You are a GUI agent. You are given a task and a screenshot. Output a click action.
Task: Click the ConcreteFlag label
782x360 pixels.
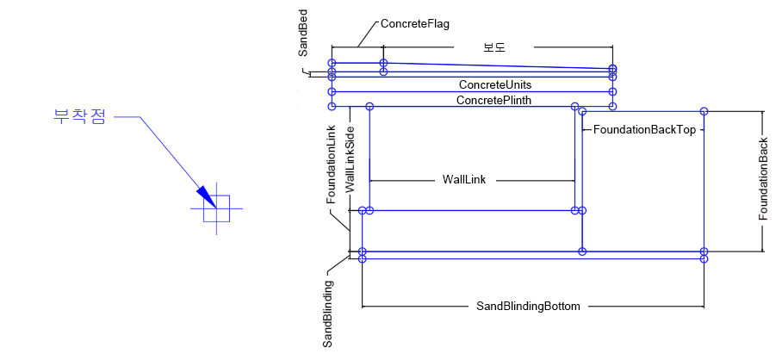(415, 25)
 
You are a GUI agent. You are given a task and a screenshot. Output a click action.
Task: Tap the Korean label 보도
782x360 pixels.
(493, 48)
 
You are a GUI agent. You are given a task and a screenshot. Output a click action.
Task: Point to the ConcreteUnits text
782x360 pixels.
(494, 84)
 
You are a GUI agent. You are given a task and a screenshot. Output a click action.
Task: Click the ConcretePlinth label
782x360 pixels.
(493, 100)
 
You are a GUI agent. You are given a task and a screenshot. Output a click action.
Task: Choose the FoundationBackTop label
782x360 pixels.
(644, 129)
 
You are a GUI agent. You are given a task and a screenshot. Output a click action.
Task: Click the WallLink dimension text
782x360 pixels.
(464, 179)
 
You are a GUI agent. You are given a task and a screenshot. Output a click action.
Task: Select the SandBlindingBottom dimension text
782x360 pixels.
(528, 306)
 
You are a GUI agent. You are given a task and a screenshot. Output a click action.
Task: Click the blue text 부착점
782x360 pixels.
(79, 117)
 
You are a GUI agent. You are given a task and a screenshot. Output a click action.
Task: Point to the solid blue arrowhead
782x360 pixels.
(204, 196)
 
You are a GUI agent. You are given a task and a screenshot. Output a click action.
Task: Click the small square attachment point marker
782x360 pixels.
(216, 208)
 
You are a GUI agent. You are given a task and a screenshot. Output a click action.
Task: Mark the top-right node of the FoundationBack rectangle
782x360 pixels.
(704, 111)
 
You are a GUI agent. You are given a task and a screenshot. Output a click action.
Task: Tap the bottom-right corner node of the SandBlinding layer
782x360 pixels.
(704, 258)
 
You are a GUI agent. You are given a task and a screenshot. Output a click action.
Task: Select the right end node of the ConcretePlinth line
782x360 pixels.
(612, 106)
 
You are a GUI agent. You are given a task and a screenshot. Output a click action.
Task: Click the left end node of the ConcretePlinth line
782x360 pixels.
(332, 106)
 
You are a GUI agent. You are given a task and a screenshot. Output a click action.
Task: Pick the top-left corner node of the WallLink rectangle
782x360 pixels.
(369, 106)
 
